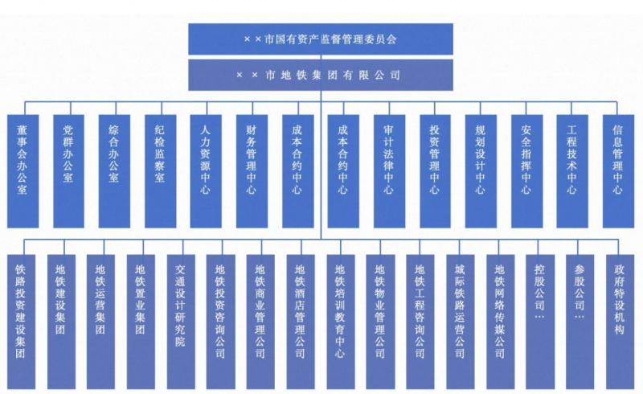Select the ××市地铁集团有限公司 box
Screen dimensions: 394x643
click(321, 75)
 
